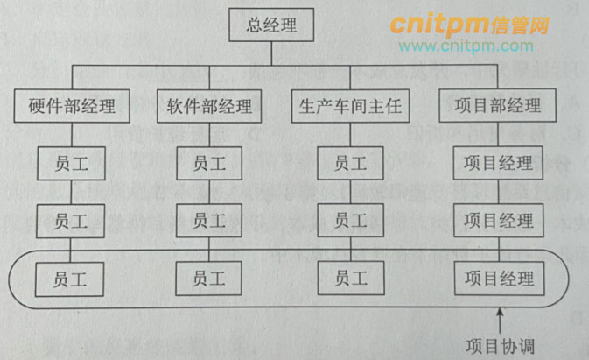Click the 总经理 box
270,25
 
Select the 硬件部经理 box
72,107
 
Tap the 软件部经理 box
209,107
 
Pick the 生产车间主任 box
350,107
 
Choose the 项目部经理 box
498,107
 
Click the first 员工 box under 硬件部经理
71,162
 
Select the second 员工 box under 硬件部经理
71,219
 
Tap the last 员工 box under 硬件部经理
71,279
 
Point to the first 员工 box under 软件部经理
209,162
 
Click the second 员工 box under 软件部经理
209,219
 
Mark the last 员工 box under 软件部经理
209,279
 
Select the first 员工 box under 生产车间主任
351,162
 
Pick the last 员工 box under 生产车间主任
351,279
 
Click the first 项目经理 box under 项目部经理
498,162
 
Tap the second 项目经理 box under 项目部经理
498,219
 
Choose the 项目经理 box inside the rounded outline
498,279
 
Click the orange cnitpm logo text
469,23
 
